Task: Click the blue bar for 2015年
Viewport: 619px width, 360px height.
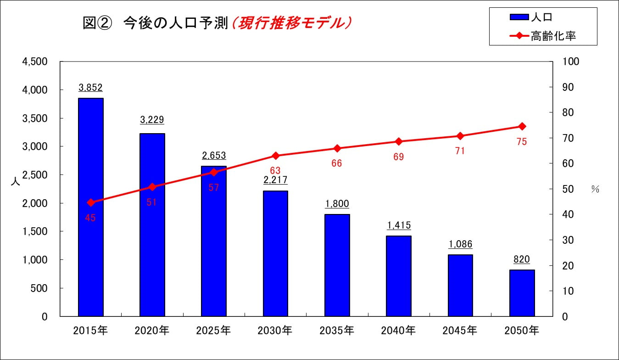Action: pos(91,207)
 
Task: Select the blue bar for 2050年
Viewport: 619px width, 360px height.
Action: pos(522,293)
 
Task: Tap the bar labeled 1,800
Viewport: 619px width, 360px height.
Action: pos(337,265)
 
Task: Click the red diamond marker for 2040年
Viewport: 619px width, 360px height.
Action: pos(398,141)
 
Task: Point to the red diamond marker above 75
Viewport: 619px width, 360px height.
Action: pos(522,126)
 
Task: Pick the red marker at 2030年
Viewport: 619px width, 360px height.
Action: pos(275,156)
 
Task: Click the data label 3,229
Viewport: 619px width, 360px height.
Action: pos(152,120)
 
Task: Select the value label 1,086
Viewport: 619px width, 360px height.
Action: pos(460,244)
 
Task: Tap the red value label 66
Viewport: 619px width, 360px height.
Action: pos(337,163)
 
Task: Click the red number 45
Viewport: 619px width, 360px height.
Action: pos(90,218)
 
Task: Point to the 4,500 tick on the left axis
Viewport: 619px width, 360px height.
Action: pos(35,62)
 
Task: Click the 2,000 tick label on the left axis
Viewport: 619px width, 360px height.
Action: pos(35,203)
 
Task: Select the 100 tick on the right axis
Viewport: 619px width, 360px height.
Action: pos(571,62)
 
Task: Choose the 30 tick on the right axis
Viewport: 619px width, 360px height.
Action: pos(568,240)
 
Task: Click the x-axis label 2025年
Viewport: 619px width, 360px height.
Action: pos(213,331)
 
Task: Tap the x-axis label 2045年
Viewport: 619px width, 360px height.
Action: pos(460,331)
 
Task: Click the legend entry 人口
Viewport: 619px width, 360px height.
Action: pos(531,17)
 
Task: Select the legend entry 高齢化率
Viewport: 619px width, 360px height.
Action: pos(543,36)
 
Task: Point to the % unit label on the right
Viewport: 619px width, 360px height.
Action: pos(595,189)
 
